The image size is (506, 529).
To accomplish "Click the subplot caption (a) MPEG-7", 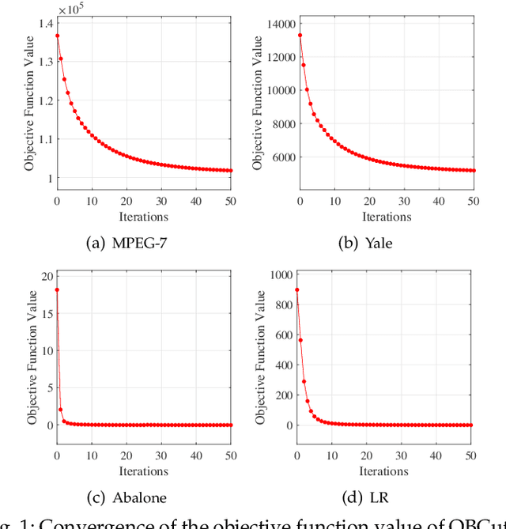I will tap(126, 243).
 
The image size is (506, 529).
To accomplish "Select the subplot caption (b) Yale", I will tap(364, 243).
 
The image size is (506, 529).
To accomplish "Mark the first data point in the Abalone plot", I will tap(57, 290).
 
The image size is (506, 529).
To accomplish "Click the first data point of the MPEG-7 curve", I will tap(57, 36).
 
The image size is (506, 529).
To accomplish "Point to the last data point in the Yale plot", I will tap(473, 170).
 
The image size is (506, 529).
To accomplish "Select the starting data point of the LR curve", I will tap(297, 289).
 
